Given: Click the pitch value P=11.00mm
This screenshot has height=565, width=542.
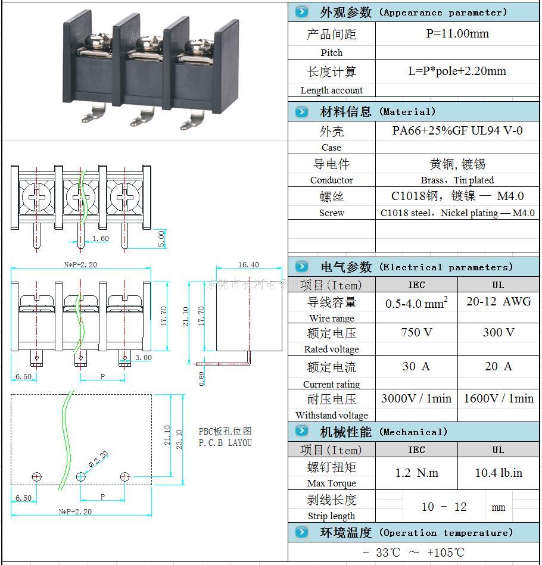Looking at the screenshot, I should (457, 34).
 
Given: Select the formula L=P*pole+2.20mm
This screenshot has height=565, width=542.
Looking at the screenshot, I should (457, 71).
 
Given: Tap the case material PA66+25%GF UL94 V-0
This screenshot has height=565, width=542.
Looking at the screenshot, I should (457, 130).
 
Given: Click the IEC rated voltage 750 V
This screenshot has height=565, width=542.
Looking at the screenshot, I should (416, 332).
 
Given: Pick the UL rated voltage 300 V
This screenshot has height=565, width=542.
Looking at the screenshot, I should (498, 332).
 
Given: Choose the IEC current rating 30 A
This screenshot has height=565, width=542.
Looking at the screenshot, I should (416, 367).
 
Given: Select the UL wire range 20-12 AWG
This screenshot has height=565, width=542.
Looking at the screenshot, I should (498, 302).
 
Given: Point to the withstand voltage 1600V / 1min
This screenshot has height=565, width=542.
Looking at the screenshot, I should (498, 398).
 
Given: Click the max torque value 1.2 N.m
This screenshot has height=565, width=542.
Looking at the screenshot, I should (416, 473).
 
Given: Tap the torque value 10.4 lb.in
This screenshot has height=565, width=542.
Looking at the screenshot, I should (498, 473).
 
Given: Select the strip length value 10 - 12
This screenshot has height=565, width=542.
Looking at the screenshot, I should (444, 507).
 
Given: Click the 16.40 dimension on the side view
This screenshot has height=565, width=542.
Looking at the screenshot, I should (248, 265).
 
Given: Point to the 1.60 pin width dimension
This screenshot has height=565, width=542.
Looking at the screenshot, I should (100, 239).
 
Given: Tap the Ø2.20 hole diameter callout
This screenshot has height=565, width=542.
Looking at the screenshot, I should (99, 459).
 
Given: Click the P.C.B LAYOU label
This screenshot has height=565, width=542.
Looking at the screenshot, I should (225, 443).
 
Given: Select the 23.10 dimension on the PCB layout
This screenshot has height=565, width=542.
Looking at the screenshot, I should (179, 438).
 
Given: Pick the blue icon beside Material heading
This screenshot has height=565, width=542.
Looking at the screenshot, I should (302, 111).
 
